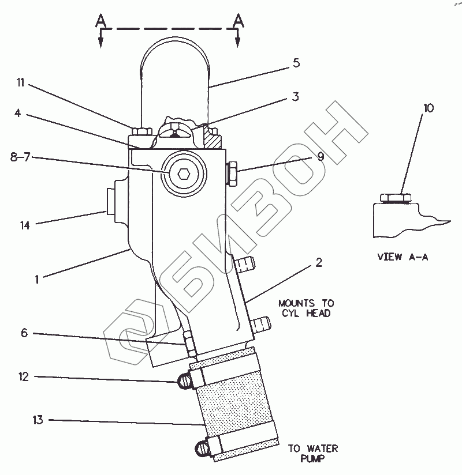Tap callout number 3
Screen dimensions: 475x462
coord(295,97)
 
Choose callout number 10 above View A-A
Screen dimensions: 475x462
coord(427,108)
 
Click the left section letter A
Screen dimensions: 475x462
coord(100,20)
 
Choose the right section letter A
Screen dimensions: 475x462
coord(237,20)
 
